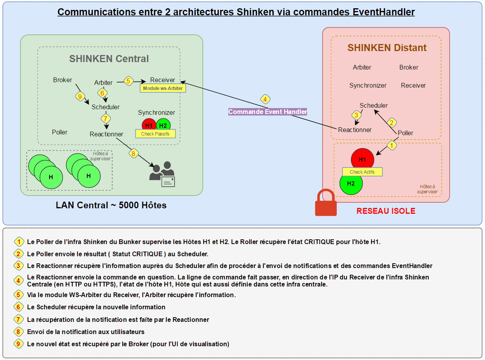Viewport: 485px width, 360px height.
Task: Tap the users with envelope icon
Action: [162, 174]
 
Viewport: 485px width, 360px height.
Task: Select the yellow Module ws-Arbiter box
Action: [163, 88]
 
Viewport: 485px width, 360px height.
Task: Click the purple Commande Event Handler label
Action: [268, 112]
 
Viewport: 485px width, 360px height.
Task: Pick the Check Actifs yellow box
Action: [362, 172]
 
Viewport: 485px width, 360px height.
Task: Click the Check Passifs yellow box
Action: [155, 134]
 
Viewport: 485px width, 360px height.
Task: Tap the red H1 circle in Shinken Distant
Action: [362, 159]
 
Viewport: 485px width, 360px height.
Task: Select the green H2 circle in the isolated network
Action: [351, 184]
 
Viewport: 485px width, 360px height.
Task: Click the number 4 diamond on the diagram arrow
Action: [265, 99]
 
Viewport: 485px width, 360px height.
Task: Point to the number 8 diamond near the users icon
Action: [133, 154]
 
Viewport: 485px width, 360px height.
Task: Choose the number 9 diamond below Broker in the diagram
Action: [80, 96]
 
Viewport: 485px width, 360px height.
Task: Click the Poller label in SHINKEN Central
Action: [60, 132]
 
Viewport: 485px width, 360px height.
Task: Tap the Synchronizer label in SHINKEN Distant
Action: [368, 85]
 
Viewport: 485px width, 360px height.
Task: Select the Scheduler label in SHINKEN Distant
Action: [373, 105]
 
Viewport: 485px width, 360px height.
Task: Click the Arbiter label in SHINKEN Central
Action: [103, 83]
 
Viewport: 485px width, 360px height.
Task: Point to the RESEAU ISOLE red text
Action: [386, 211]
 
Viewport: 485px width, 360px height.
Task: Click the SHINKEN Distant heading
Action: [387, 48]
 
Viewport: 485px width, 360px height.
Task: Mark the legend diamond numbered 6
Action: [18, 307]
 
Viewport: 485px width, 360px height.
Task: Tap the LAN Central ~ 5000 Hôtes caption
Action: [111, 205]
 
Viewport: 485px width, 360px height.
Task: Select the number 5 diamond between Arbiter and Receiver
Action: [128, 81]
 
